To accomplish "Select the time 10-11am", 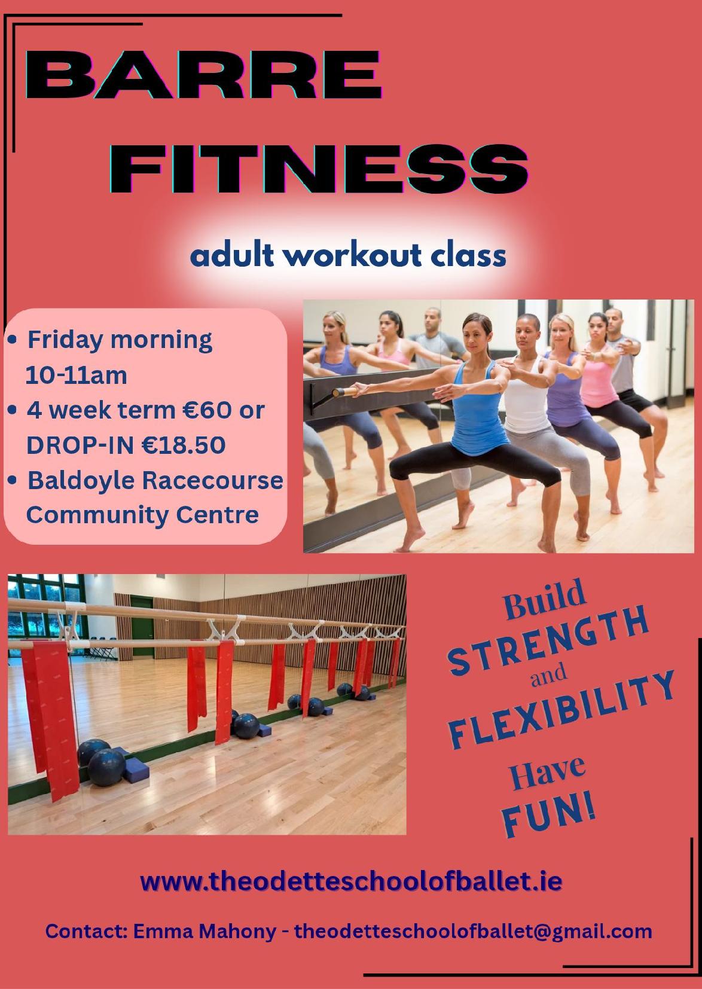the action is click(77, 376).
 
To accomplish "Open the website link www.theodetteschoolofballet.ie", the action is click(352, 882).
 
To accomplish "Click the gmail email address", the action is click(474, 932).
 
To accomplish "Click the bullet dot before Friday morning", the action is click(13, 340).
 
